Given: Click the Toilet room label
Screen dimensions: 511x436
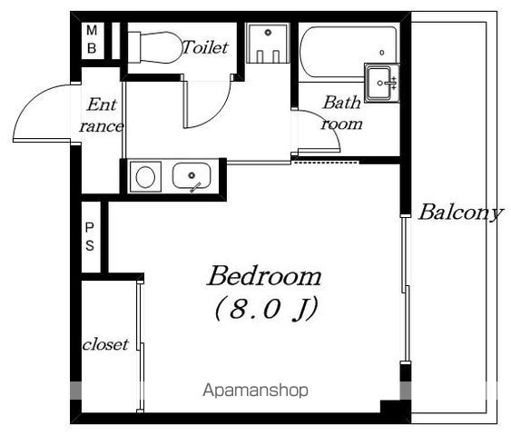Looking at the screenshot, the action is (205, 47).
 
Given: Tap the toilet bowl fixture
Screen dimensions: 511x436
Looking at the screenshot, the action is (154, 47).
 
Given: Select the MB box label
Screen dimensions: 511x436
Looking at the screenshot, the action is (92, 40).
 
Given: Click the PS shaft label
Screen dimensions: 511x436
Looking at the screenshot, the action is (90, 237).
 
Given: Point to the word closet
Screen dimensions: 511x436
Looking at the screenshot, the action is (105, 344).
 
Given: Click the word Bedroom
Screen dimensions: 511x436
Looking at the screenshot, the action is (264, 276).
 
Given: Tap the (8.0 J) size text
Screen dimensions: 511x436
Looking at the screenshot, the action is (266, 309).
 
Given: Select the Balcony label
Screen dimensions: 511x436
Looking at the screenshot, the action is (461, 213).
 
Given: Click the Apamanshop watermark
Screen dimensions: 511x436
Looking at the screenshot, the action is (256, 390).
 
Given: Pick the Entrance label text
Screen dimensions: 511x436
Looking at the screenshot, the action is (102, 115).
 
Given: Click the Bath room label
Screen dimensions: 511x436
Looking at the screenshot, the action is (341, 113).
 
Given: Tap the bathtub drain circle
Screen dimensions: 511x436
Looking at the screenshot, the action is (382, 52).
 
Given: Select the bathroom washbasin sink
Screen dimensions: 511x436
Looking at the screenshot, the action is (381, 83).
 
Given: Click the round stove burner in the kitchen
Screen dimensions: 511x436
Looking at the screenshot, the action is (145, 177).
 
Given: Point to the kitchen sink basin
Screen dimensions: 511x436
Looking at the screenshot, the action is (192, 176).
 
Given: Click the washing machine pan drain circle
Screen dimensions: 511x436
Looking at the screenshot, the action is (269, 33).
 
